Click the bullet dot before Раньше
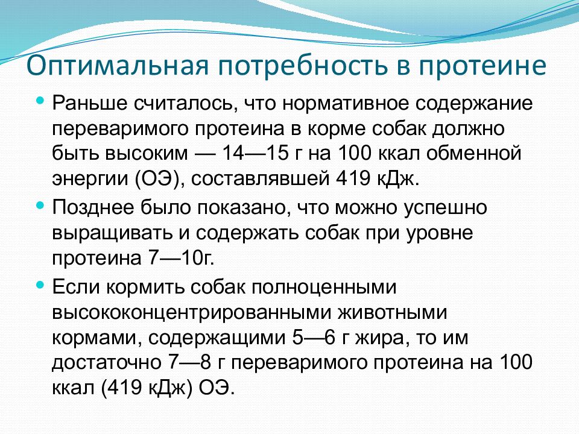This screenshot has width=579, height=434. click(40, 100)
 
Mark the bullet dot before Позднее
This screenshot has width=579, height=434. click(40, 205)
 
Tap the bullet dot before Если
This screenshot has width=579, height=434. click(40, 283)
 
